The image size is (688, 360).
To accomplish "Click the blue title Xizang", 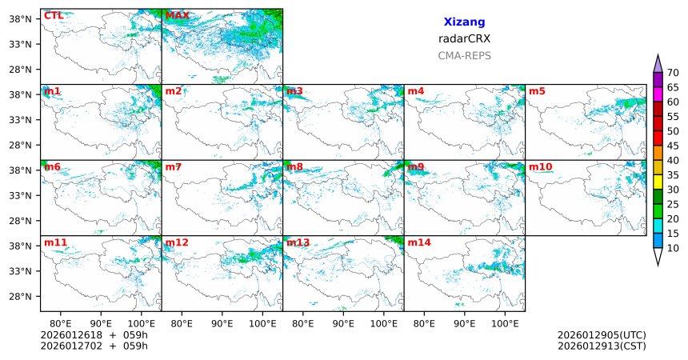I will click(464, 22).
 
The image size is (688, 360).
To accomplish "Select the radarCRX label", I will click(464, 38).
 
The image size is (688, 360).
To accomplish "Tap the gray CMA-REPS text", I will click(464, 56).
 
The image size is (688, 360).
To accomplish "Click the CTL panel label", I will click(54, 16).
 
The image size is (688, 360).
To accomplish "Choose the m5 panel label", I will click(537, 91).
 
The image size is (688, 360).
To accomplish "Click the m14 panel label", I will click(419, 242).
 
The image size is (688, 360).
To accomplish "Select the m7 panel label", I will click(174, 167).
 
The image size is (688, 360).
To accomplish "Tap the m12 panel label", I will click(177, 242).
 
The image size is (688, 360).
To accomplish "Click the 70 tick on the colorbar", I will click(673, 73).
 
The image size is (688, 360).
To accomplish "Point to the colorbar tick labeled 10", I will click(673, 249).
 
